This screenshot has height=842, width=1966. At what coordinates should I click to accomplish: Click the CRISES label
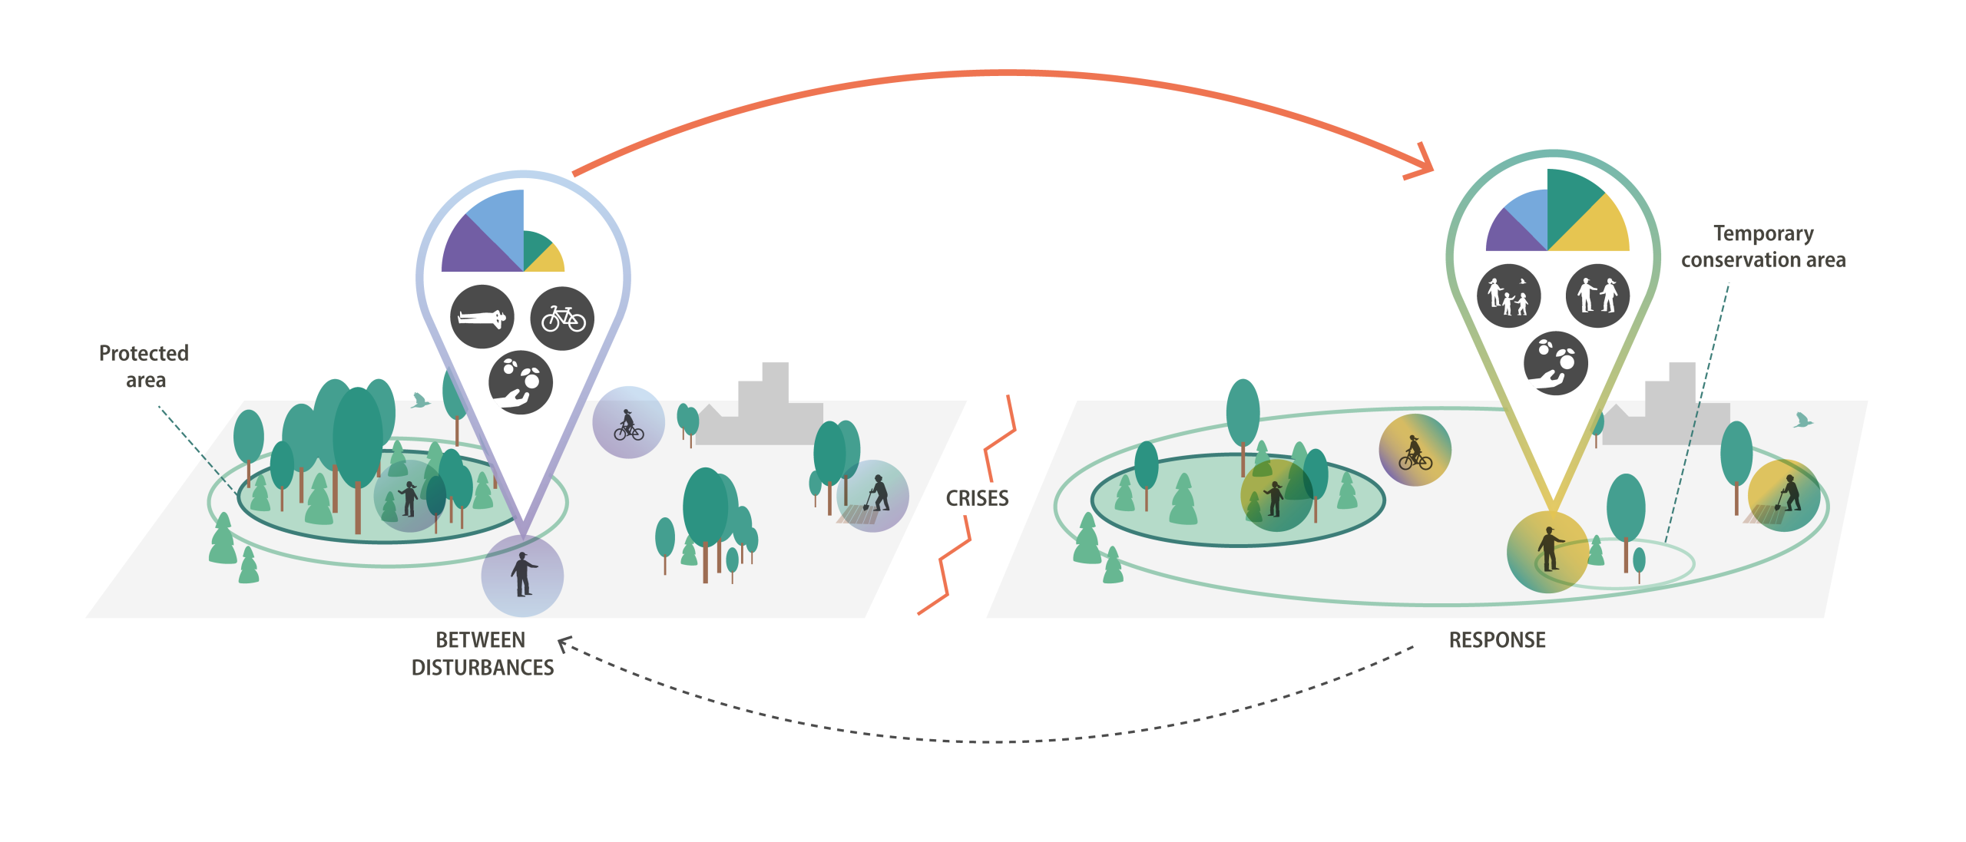977,498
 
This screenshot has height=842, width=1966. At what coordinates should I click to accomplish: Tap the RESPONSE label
1497,640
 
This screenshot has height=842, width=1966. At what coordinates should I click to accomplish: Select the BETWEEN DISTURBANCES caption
482,654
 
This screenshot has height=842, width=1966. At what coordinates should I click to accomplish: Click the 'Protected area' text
144,366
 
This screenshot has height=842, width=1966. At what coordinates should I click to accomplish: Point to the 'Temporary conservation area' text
1763,246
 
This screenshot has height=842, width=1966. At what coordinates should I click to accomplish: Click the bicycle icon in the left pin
563,319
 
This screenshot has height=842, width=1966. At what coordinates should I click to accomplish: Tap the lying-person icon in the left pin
482,317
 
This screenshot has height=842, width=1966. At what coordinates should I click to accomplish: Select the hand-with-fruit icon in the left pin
521,382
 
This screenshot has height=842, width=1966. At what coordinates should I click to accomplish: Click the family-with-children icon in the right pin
1508,296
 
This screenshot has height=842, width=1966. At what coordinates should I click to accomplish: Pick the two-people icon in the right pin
1597,296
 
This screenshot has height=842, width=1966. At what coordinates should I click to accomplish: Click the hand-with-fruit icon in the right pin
1555,363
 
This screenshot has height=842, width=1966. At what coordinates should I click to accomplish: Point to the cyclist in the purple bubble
628,424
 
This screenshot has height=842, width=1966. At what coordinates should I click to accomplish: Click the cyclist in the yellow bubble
1415,452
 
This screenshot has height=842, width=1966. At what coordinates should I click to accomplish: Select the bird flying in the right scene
1802,420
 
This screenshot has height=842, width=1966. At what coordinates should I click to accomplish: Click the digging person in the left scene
878,494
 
